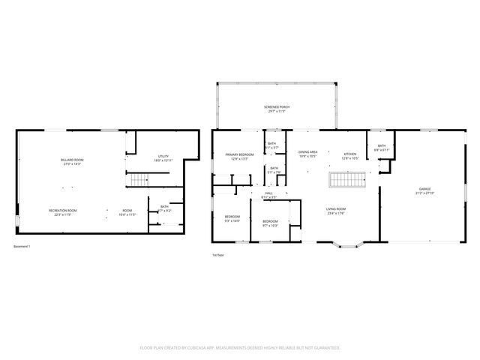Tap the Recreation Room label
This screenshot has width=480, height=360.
64,212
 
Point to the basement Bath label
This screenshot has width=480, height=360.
163,208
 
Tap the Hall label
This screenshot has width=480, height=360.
268,195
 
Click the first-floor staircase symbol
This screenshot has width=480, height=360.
346,180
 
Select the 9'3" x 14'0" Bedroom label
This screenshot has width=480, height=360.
232,219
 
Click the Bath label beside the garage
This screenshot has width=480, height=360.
381,148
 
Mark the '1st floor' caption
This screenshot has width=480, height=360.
218,255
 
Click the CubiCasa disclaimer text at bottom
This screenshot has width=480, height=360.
240,348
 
